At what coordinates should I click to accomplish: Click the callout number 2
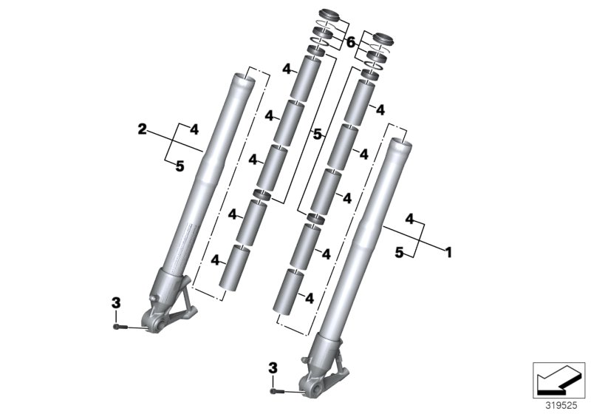142,129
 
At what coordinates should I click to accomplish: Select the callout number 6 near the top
352,43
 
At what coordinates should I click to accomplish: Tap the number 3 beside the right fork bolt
273,367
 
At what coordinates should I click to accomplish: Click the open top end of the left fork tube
246,76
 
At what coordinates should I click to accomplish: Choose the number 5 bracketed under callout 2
180,166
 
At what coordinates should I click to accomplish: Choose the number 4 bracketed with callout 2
194,129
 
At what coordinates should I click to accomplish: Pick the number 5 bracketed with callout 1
398,253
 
